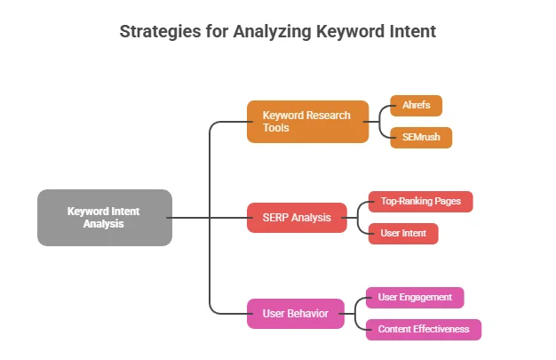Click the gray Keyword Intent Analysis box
tap(104, 218)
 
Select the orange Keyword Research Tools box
tap(307, 122)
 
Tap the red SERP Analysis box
tap(296, 218)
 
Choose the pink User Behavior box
tap(296, 314)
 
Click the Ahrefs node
tap(416, 106)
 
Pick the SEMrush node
tap(421, 138)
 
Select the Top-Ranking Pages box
tap(420, 202)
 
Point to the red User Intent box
tap(402, 234)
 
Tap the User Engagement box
tap(415, 297)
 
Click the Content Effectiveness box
tap(423, 329)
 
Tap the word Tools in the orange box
tap(277, 129)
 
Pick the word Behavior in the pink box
tap(307, 314)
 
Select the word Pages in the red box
tap(449, 202)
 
